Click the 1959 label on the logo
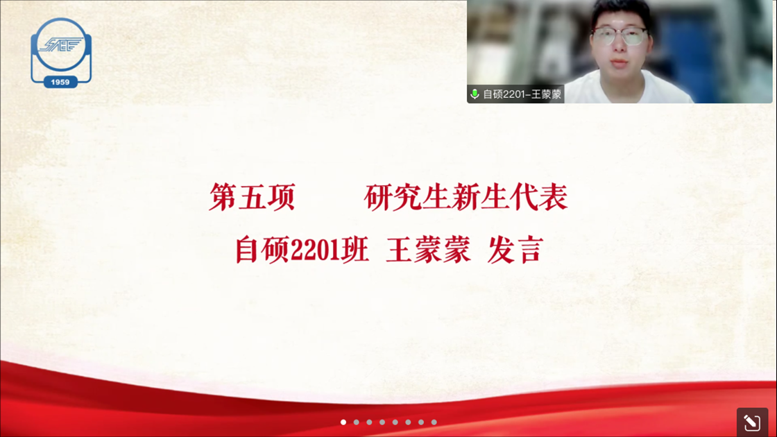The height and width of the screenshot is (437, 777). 60,82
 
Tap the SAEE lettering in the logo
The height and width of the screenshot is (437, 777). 61,45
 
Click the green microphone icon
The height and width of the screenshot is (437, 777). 475,94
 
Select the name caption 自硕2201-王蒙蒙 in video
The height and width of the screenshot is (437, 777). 522,94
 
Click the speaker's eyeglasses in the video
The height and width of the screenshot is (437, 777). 620,35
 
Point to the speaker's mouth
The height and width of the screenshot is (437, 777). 620,63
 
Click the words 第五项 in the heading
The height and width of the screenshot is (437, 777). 253,197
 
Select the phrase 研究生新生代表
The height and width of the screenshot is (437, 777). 466,197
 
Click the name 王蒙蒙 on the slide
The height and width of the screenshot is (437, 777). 429,250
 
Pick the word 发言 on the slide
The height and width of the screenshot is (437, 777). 516,250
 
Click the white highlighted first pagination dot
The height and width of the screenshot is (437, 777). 343,422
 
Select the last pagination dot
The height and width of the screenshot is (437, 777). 434,422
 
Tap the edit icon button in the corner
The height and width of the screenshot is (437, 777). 752,422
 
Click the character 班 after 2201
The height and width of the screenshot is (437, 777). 355,250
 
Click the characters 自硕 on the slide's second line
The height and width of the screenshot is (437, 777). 262,250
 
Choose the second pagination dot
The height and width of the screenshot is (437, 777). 357,422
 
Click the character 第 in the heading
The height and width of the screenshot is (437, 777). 223,197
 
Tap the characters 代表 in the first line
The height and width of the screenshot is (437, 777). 539,197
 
